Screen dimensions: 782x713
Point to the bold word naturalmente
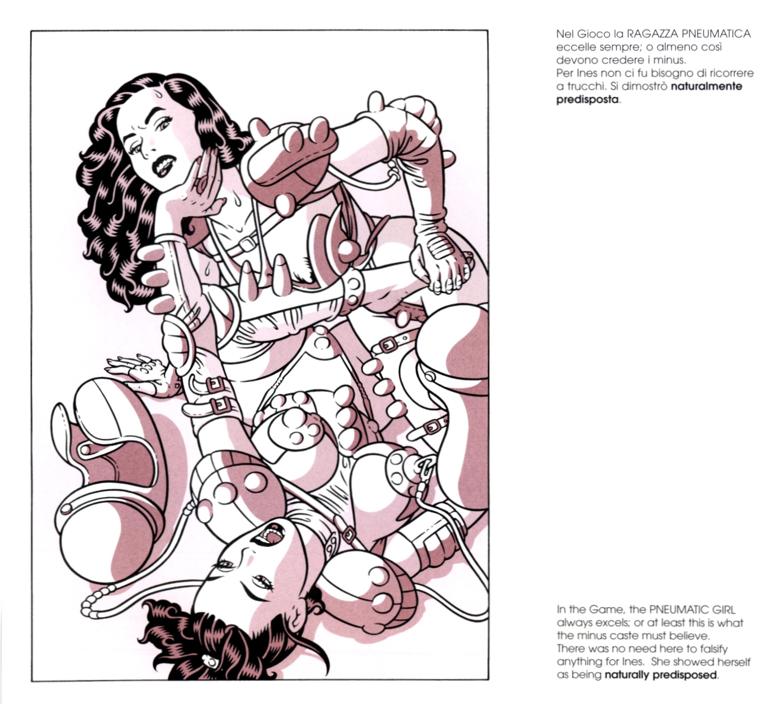coord(706,86)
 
